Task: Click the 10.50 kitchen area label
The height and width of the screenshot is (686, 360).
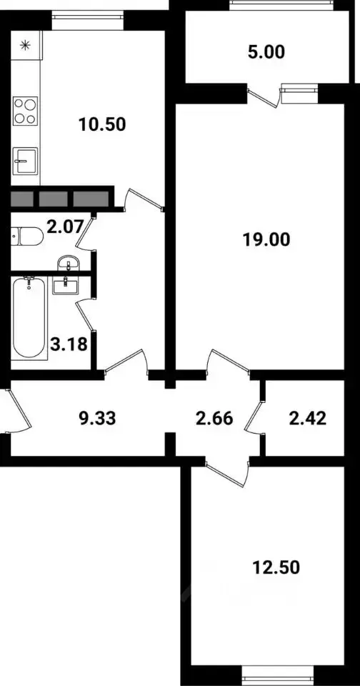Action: point(102,124)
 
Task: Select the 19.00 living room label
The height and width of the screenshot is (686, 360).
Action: point(266,239)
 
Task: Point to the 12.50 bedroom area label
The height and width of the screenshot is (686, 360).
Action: point(276,567)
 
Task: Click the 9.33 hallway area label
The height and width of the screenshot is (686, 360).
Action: point(97,419)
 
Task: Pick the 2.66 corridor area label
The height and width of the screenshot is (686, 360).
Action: point(214,419)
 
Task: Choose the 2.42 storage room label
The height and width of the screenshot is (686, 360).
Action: point(308,419)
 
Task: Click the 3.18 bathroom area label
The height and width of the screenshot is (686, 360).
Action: point(69,344)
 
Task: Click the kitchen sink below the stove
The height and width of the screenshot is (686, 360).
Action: point(25,161)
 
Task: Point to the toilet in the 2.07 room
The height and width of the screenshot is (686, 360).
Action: point(26,237)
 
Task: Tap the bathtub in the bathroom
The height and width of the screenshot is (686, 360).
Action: point(29,318)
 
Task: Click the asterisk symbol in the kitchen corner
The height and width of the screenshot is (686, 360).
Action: point(26,45)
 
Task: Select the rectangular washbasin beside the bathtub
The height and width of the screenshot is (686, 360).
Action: point(65,286)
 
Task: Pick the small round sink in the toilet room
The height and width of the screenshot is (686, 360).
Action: point(69,263)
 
